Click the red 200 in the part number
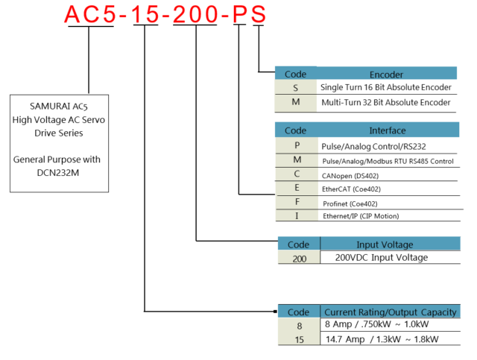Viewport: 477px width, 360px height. (195, 14)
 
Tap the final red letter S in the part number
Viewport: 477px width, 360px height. (258, 14)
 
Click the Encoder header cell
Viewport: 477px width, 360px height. (386, 74)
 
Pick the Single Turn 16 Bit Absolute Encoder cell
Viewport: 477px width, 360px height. (385, 87)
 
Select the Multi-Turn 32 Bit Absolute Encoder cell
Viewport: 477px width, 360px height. (385, 102)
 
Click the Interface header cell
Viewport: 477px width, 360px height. (387, 130)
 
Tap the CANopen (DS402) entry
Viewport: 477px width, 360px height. (351, 175)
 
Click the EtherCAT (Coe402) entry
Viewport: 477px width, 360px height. (351, 189)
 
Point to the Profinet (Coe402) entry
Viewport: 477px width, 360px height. (350, 202)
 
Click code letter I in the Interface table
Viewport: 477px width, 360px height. (297, 216)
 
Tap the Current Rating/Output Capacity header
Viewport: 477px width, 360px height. (390, 312)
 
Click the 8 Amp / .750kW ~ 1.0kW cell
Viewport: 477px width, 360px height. (377, 325)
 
